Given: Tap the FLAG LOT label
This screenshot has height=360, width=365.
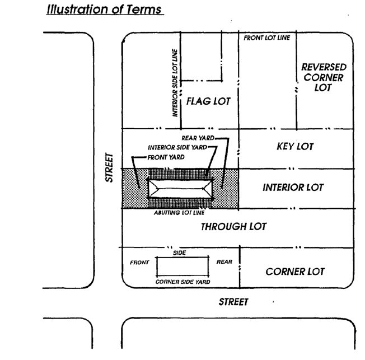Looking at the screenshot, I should [208, 102].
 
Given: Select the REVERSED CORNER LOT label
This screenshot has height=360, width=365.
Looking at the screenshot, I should [324, 77].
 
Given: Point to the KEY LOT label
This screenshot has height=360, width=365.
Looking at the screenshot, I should [295, 147].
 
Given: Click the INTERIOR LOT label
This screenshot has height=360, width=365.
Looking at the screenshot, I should [293, 188].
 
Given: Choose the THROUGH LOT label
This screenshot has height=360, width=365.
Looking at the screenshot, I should [233, 227].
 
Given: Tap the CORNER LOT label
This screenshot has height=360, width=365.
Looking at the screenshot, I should [295, 272].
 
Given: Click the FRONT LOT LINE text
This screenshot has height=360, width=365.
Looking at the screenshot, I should [266, 38].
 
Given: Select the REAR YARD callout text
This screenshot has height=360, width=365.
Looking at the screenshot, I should [198, 138].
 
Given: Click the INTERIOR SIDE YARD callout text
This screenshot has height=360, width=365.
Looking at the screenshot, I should [177, 147].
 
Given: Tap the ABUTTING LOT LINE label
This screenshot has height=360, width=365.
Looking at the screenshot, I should [179, 213].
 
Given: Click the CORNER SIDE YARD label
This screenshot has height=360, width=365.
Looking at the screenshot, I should [183, 282].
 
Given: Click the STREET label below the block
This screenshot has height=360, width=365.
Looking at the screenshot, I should [233, 302].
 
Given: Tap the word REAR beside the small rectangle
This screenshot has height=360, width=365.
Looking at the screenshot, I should [223, 261].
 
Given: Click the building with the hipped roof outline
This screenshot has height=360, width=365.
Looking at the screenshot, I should [180, 189].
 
